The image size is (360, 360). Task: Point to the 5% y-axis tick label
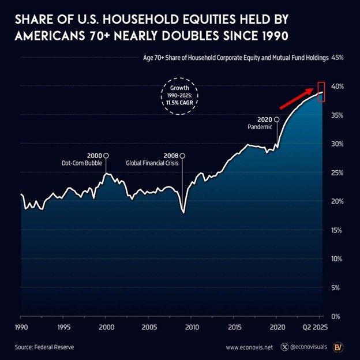[339, 287]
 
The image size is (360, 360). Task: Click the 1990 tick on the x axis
[20, 326]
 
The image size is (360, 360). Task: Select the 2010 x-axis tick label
[192, 326]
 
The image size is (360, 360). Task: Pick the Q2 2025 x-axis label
[313, 326]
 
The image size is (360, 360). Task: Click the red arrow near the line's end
[297, 97]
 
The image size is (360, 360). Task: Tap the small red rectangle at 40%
[321, 91]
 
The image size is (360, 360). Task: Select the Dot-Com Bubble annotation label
[81, 163]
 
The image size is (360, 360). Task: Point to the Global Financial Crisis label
[153, 163]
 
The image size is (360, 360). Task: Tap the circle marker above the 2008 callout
[182, 155]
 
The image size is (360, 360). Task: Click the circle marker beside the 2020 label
[277, 119]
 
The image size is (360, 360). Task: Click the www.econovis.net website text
[249, 347]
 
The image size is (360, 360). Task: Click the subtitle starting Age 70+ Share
[235, 58]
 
